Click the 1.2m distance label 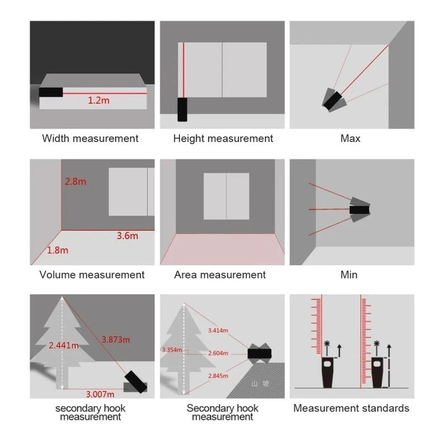coord(98,101)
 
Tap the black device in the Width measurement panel coord(51,92)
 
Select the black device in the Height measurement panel coord(182,109)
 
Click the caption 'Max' coord(350,138)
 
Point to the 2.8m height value coord(76,182)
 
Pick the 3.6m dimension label coord(127,236)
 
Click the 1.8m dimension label coord(57,250)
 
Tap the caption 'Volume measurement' coord(92,275)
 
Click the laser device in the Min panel coord(360,209)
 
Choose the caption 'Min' coord(349,275)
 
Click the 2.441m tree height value coord(64,346)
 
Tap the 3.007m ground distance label coord(100,393)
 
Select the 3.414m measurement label coord(218,330)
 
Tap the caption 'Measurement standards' coord(351,408)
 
